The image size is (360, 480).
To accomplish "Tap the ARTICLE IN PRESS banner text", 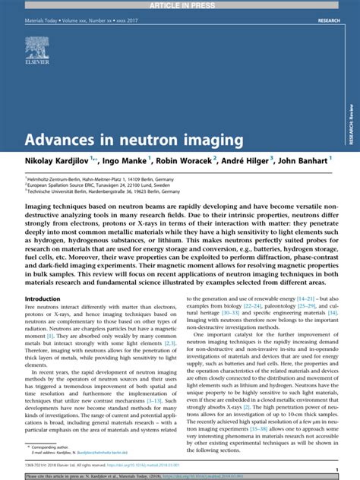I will pos(180,4).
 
